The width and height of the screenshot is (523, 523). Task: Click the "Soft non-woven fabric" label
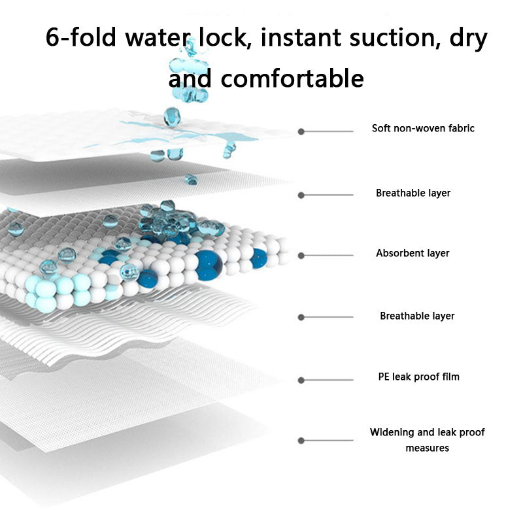pyautogui.click(x=423, y=128)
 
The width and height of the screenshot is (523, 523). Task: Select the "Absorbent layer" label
pyautogui.click(x=413, y=253)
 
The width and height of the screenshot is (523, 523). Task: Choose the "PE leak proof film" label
pyautogui.click(x=418, y=377)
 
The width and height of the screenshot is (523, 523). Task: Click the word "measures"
pyautogui.click(x=427, y=448)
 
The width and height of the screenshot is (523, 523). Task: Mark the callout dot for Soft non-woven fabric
pyautogui.click(x=301, y=131)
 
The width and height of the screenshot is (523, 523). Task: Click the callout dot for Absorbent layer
pyautogui.click(x=301, y=256)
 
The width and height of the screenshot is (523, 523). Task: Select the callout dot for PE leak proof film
pyautogui.click(x=301, y=380)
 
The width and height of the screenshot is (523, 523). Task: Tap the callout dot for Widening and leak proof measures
pyautogui.click(x=301, y=441)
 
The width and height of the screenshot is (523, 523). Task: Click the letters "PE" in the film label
pyautogui.click(x=384, y=377)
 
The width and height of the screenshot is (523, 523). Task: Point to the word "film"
pyautogui.click(x=450, y=377)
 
